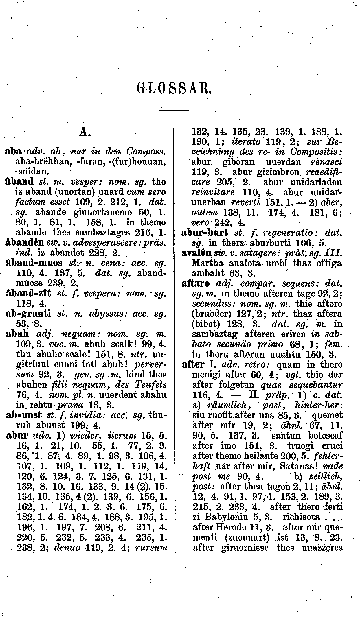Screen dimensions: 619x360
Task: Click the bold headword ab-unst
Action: [24, 415]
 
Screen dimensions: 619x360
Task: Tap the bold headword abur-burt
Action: [205, 233]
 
